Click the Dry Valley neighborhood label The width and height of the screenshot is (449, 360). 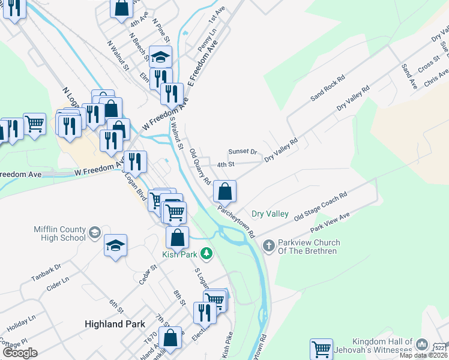point(270,214)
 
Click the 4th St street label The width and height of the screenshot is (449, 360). point(225,164)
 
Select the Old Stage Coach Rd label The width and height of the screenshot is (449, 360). point(321,208)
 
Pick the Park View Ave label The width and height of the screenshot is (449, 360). point(330,223)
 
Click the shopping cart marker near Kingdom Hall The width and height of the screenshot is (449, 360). point(322,349)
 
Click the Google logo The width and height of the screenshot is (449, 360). point(20,353)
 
